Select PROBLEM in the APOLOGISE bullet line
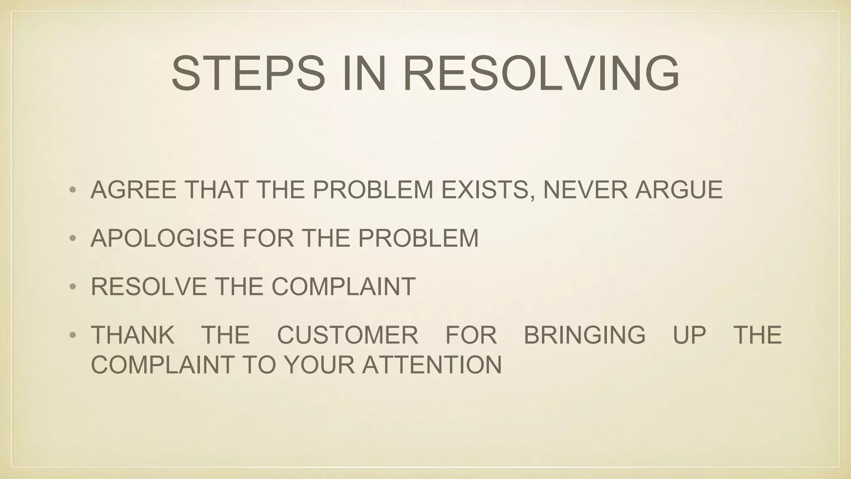(x=418, y=238)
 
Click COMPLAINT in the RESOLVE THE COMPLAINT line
(x=344, y=286)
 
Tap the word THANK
(x=133, y=335)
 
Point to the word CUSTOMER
(x=347, y=335)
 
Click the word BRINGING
(x=585, y=335)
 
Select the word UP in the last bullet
(x=689, y=335)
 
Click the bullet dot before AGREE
(x=73, y=190)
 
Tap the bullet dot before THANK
(x=73, y=336)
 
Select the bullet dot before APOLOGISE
(x=73, y=239)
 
